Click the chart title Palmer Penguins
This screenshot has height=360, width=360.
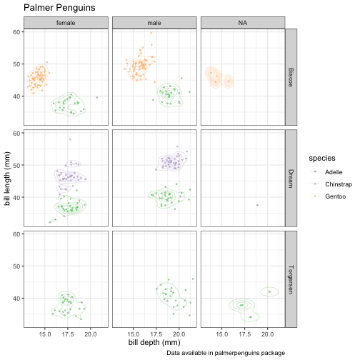(59, 8)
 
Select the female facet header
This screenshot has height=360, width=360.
(66, 23)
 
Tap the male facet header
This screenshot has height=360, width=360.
(154, 23)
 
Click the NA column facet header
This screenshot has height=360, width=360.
(243, 23)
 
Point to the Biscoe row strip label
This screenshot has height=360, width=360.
(291, 77)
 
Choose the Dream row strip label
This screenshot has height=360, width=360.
(291, 179)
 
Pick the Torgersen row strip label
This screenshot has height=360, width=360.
(291, 279)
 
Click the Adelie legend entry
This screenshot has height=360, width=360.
(326, 172)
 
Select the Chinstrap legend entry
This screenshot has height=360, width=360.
(331, 184)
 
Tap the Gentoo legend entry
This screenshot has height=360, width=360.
(328, 196)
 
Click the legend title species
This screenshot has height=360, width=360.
(322, 158)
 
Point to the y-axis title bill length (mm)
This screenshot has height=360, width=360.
(7, 179)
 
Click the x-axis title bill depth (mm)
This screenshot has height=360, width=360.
(154, 342)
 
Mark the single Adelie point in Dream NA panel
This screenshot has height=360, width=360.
(257, 205)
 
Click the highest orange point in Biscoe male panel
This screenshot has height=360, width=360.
(151, 33)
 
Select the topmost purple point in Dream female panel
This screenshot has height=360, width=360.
(70, 139)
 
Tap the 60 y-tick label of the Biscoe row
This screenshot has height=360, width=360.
(16, 32)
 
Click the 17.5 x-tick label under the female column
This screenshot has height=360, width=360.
(68, 334)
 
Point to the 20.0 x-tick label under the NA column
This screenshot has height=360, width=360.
(267, 334)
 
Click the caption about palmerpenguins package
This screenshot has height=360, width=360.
(226, 353)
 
